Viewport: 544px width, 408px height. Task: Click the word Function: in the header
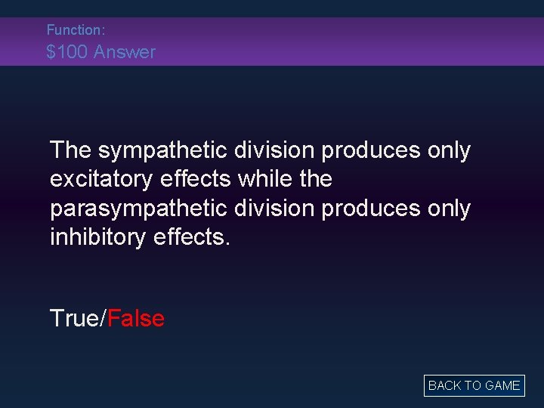click(75, 30)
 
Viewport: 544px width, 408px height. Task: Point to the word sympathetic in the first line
click(160, 151)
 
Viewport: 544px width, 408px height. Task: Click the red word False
click(136, 318)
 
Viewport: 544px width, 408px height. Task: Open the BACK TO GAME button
click(474, 385)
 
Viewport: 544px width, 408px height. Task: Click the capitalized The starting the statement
click(70, 151)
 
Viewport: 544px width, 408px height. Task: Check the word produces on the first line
click(367, 151)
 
